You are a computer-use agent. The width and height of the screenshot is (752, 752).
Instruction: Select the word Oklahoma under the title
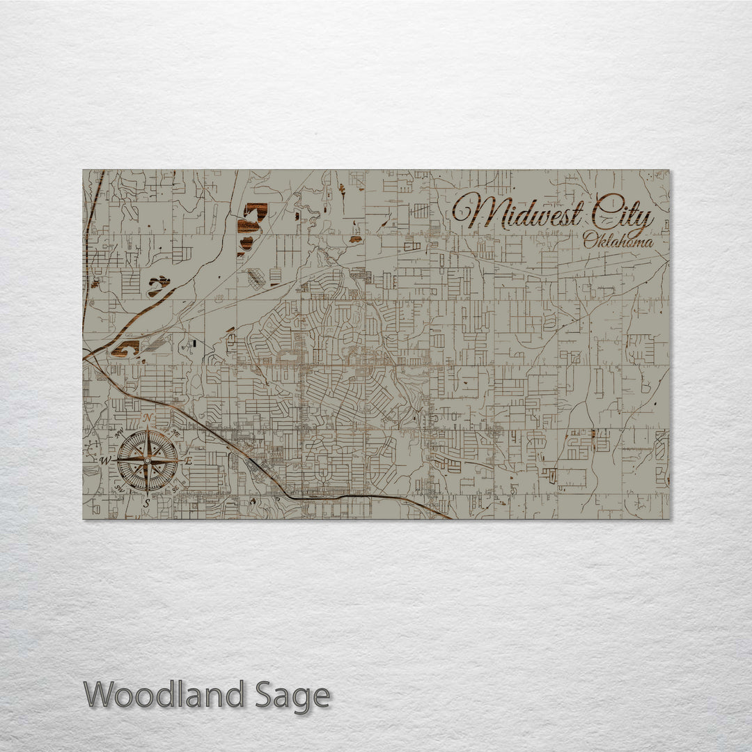(x=618, y=242)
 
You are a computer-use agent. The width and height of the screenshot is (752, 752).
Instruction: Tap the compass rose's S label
(x=146, y=502)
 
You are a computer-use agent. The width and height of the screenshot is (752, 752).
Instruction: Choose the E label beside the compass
(x=188, y=460)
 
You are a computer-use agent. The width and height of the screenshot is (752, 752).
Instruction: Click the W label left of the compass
(x=105, y=460)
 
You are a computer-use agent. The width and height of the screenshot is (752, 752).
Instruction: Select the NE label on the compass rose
(x=175, y=432)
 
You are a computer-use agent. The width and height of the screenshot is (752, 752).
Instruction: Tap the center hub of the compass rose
(x=147, y=460)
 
